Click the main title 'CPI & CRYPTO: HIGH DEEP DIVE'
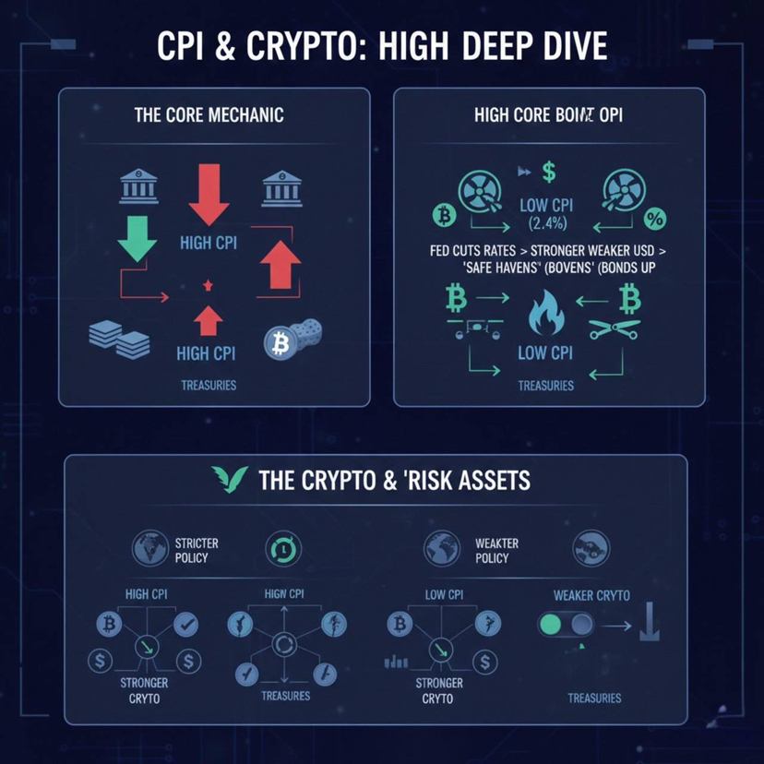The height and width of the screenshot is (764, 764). (381, 47)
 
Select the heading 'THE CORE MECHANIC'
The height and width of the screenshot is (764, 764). (209, 115)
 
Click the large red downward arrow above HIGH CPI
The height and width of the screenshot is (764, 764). (209, 195)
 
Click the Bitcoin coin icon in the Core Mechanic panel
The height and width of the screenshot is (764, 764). (277, 344)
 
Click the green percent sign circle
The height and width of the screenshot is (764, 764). (655, 218)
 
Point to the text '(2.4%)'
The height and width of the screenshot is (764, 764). (547, 222)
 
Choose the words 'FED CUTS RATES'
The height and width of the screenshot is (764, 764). (472, 249)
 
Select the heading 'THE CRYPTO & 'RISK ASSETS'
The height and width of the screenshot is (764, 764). (395, 480)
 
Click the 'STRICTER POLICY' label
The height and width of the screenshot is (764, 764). (191, 550)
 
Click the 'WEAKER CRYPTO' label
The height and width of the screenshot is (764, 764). (591, 595)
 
